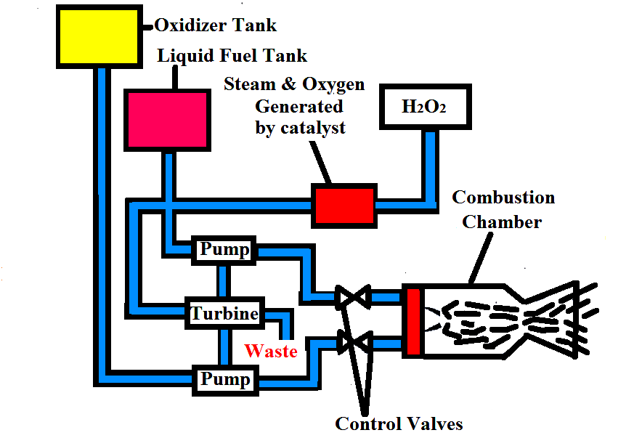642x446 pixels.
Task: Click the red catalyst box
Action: [x=344, y=204]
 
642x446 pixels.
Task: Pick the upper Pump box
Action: [x=224, y=251]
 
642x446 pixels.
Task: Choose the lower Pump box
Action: [x=225, y=379]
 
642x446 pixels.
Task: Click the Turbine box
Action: [x=224, y=314]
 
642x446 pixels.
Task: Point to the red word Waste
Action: [x=271, y=352]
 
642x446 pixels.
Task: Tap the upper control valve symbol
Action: [x=353, y=296]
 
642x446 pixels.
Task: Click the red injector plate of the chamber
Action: [x=413, y=320]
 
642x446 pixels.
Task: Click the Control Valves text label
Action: [x=399, y=423]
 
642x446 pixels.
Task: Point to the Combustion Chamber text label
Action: [x=503, y=209]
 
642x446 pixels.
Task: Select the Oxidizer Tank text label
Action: [x=216, y=25]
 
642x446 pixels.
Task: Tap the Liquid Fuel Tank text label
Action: [x=232, y=56]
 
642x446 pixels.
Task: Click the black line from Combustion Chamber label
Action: [x=483, y=257]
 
